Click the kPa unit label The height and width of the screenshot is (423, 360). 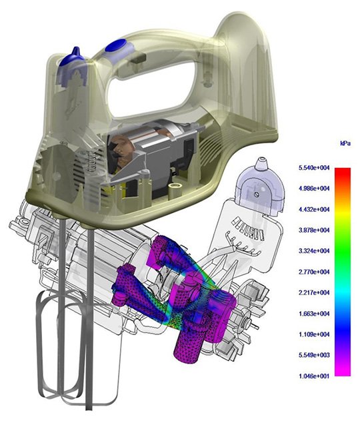click(x=345, y=143)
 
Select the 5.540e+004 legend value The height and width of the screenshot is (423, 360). click(x=314, y=168)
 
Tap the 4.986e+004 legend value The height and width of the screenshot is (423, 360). click(x=314, y=189)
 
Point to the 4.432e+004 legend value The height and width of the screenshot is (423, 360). click(x=314, y=209)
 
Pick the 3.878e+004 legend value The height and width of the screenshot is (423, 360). click(x=314, y=230)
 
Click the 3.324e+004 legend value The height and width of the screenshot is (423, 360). click(x=314, y=251)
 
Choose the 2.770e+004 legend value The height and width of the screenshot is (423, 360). click(x=314, y=272)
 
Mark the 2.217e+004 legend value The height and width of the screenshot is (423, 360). click(x=314, y=292)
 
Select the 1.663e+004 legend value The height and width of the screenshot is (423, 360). click(x=314, y=314)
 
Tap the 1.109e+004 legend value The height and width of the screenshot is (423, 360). click(x=314, y=334)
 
